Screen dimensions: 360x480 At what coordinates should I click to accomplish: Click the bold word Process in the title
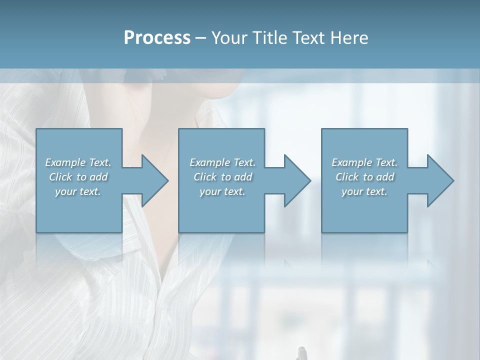(157, 38)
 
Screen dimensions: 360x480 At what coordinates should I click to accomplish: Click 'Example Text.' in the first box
(78, 162)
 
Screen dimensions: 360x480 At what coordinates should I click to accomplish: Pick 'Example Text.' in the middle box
(222, 162)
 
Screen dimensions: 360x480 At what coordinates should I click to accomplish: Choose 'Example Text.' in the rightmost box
(364, 162)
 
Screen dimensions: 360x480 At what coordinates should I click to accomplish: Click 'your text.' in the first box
(78, 191)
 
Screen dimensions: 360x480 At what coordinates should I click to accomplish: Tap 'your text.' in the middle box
(222, 191)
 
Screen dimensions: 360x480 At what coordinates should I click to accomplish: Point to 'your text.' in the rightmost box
(364, 191)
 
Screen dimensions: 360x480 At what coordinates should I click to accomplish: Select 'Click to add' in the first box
(78, 177)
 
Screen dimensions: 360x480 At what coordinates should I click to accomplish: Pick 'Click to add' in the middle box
(222, 177)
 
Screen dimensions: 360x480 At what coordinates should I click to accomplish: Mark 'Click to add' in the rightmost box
(364, 177)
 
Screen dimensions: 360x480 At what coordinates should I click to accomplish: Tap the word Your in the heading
(227, 38)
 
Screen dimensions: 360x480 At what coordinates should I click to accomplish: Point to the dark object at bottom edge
(301, 353)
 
